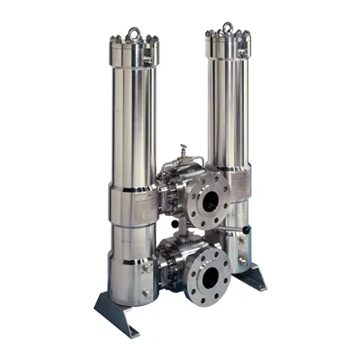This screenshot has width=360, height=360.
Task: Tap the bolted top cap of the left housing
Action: coord(133,51)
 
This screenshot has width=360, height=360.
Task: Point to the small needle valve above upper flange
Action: coord(183,152)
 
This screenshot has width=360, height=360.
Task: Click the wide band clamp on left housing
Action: coord(133,206)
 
